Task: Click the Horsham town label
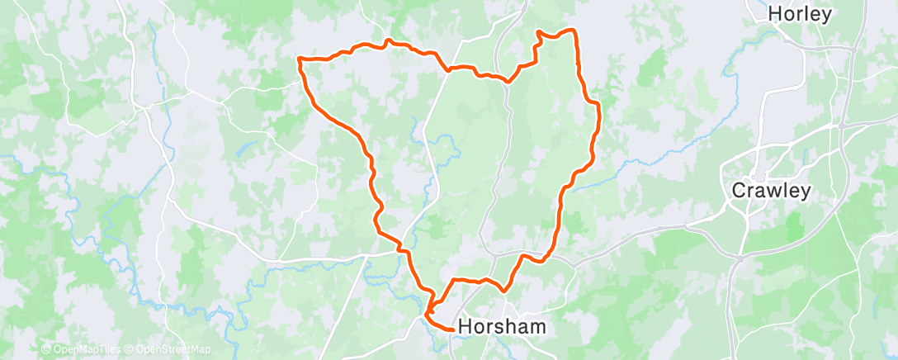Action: [501, 326]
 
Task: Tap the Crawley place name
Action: [772, 191]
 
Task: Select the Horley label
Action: [799, 13]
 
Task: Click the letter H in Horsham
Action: [465, 326]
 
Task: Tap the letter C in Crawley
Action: [740, 191]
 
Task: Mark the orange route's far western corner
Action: [299, 59]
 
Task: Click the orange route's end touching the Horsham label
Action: [453, 329]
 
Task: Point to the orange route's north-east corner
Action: [572, 31]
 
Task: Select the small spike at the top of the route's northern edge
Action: [388, 39]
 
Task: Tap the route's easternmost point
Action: [598, 106]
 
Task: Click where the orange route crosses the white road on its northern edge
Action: [448, 69]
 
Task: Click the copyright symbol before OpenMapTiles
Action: [46, 349]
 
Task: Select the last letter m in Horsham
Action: [536, 327]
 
